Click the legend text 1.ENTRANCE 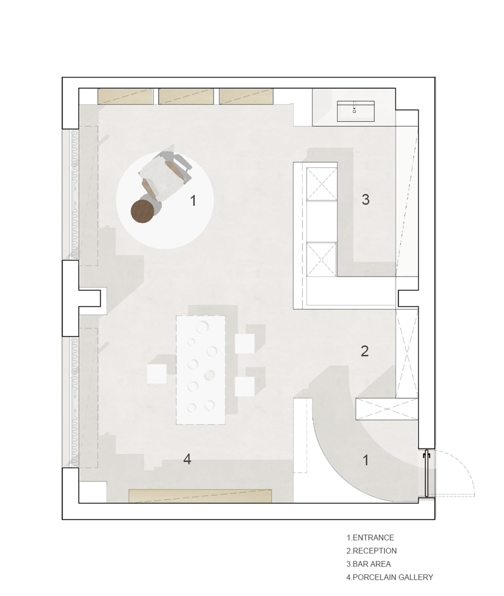tap(370, 537)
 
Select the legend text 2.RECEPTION tap(371, 551)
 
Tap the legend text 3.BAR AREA tap(368, 564)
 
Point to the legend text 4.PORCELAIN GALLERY tap(390, 577)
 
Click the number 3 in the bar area tap(365, 199)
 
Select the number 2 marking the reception tap(364, 351)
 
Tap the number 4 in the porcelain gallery tap(187, 459)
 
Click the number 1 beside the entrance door tap(365, 460)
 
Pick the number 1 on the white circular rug tap(193, 200)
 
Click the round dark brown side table tap(143, 212)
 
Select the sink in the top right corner tap(356, 111)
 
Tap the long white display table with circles tap(201, 370)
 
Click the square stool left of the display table tap(157, 373)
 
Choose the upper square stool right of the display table tap(244, 343)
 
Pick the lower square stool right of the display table tap(244, 386)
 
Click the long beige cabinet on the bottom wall tap(200, 496)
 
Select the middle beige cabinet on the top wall tap(186, 96)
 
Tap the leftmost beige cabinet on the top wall tap(125, 96)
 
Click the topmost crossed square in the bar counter tap(322, 184)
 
